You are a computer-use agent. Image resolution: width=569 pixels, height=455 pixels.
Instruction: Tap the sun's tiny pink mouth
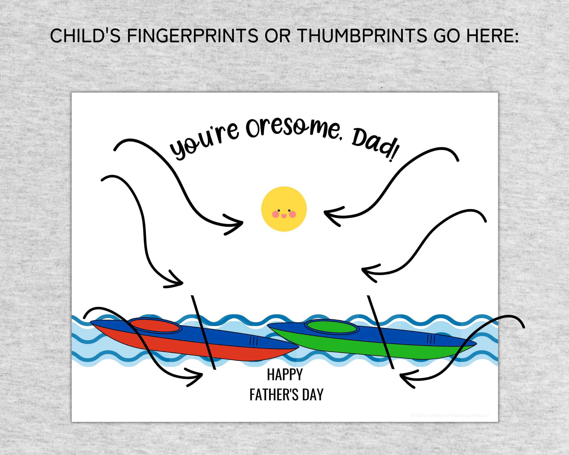click(x=284, y=216)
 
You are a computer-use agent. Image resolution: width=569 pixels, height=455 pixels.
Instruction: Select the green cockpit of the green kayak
click(x=332, y=327)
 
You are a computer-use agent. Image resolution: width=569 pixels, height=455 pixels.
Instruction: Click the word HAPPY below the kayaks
click(x=285, y=374)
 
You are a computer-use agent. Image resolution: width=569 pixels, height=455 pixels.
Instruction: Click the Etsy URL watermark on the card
click(x=449, y=416)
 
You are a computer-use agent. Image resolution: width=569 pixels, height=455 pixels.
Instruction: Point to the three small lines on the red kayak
click(x=253, y=341)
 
